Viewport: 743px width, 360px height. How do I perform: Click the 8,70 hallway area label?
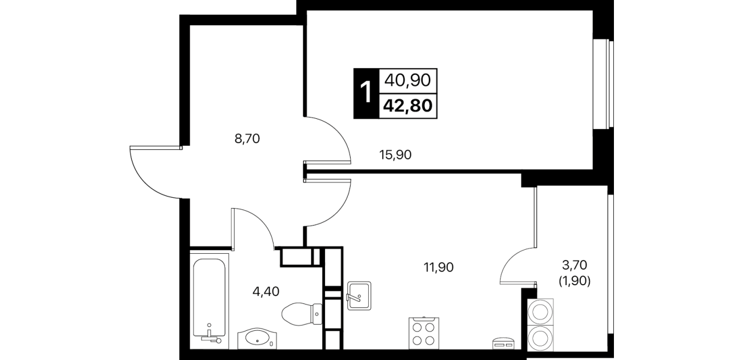(247, 139)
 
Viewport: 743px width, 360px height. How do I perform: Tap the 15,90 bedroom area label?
(395, 155)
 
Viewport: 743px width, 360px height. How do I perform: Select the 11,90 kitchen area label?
(439, 267)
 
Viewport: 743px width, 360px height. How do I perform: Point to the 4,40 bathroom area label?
(266, 291)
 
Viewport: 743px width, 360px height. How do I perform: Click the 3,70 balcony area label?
(575, 265)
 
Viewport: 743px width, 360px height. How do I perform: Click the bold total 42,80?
(408, 106)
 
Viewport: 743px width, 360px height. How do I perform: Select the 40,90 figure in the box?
(408, 81)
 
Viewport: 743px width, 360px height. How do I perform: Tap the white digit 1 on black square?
(366, 93)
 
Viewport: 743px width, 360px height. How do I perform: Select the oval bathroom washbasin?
(257, 338)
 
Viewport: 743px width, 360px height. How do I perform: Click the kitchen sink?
(359, 295)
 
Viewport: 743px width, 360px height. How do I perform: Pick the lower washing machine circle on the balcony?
(540, 338)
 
